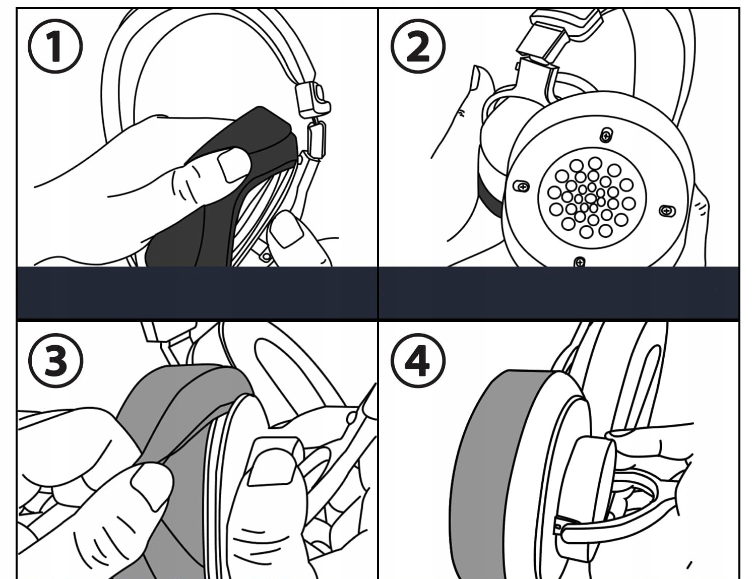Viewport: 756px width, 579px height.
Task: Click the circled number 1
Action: pos(55,46)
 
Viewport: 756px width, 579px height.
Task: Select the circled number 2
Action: pos(418,46)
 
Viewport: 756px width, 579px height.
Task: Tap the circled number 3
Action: pos(55,360)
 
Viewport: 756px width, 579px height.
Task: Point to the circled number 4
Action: pos(418,360)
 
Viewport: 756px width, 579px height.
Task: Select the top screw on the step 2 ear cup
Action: pos(606,135)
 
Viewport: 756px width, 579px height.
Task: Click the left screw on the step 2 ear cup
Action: pos(522,186)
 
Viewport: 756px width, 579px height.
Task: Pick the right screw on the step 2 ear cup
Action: pos(667,211)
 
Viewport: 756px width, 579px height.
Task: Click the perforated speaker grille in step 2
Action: pos(591,198)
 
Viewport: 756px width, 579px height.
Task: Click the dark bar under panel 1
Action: pos(197,293)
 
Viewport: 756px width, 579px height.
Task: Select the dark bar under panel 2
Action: pos(558,293)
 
